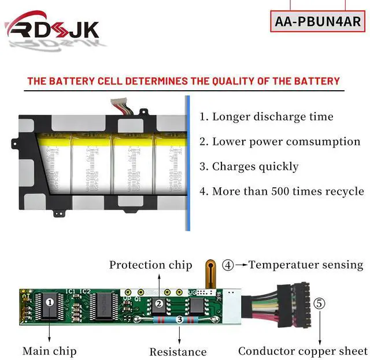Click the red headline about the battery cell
tap(183, 80)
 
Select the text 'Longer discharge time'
tap(267, 117)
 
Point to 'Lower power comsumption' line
tap(280, 142)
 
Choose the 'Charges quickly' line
tap(249, 166)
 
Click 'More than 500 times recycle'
tap(282, 191)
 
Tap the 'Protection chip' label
tap(150, 265)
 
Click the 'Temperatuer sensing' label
tap(306, 265)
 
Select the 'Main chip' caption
tap(49, 351)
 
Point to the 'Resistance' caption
tap(178, 351)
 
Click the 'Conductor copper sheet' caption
tap(303, 351)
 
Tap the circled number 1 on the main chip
tap(50, 302)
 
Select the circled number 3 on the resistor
tap(179, 319)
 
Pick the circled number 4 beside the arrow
tap(228, 266)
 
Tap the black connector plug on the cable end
tap(290, 307)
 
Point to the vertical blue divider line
tap(187, 163)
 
